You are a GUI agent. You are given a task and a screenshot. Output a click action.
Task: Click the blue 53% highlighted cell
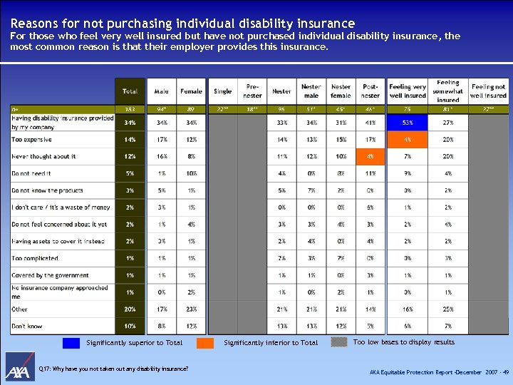[408, 123]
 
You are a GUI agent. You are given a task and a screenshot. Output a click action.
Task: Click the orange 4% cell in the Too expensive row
[408, 140]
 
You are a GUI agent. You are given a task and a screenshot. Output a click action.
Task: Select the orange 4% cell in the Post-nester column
[370, 157]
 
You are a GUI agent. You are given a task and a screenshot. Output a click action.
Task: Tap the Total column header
[130, 91]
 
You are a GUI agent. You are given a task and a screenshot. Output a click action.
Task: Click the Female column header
[192, 91]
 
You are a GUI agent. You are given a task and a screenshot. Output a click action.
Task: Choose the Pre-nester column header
[252, 91]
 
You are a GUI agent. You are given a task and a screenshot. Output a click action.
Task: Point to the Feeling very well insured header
[408, 91]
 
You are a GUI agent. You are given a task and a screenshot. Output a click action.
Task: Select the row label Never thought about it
[43, 157]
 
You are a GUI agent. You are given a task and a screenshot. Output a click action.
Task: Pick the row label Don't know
[27, 327]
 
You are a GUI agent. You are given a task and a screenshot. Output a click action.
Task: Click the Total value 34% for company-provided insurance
[130, 123]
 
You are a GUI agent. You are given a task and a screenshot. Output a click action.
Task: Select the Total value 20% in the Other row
[130, 309]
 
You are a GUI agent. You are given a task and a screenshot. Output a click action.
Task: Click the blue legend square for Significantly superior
[71, 343]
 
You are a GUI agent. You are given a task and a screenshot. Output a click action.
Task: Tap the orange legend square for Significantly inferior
[205, 343]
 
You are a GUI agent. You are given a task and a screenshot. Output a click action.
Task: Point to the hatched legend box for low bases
[336, 343]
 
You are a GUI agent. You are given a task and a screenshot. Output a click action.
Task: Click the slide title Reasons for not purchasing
[182, 24]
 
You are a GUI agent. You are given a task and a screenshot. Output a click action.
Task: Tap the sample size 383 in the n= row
[130, 109]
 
